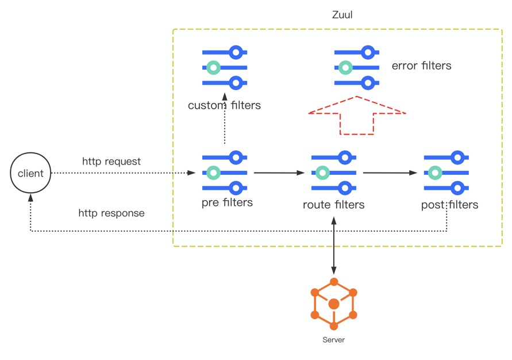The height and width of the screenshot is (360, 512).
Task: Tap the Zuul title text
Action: coord(342,15)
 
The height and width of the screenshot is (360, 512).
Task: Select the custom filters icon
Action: coord(224,68)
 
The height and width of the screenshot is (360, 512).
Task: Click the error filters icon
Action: coord(357,68)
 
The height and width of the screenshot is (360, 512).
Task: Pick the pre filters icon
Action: coord(224,172)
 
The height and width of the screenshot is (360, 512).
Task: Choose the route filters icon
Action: coord(333,173)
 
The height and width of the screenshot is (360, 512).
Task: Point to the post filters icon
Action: coord(446,172)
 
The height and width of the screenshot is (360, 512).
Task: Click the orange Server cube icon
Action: coord(334,302)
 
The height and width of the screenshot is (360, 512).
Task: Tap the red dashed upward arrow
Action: coord(357,116)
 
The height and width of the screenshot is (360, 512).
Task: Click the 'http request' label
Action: coord(111,162)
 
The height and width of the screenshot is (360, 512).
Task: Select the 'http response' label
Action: coord(111,213)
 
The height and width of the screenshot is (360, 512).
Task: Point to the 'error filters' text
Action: coord(421,66)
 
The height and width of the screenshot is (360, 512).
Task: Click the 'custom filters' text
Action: coord(224,106)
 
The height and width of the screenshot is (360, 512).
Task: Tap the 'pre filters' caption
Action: coord(227,202)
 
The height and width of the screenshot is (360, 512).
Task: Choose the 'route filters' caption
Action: coord(333,204)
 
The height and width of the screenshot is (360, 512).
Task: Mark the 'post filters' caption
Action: coord(449,204)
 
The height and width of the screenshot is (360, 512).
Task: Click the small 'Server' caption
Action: coord(334,340)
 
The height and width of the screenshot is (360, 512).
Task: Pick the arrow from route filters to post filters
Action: coord(389,172)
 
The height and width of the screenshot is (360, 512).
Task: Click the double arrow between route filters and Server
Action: coord(334,244)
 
